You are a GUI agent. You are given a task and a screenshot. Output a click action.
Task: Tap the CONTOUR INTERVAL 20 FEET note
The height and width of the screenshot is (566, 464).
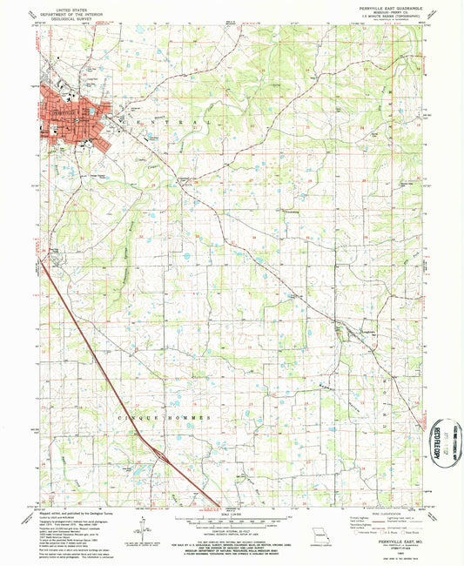tap(232, 533)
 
